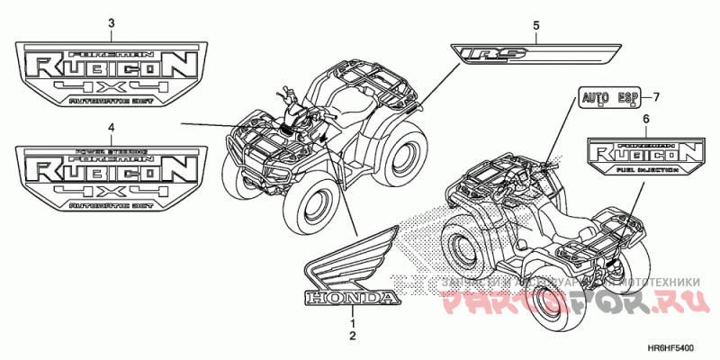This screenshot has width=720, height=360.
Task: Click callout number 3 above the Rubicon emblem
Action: point(111,22)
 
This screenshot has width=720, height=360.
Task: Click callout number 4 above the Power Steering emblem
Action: point(111,129)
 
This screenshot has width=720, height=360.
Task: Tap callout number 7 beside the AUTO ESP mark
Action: point(656,96)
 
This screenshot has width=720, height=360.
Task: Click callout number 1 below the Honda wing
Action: point(353,322)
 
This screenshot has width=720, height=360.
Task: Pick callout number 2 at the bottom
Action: point(353,336)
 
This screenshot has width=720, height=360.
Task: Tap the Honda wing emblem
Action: point(351,256)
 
